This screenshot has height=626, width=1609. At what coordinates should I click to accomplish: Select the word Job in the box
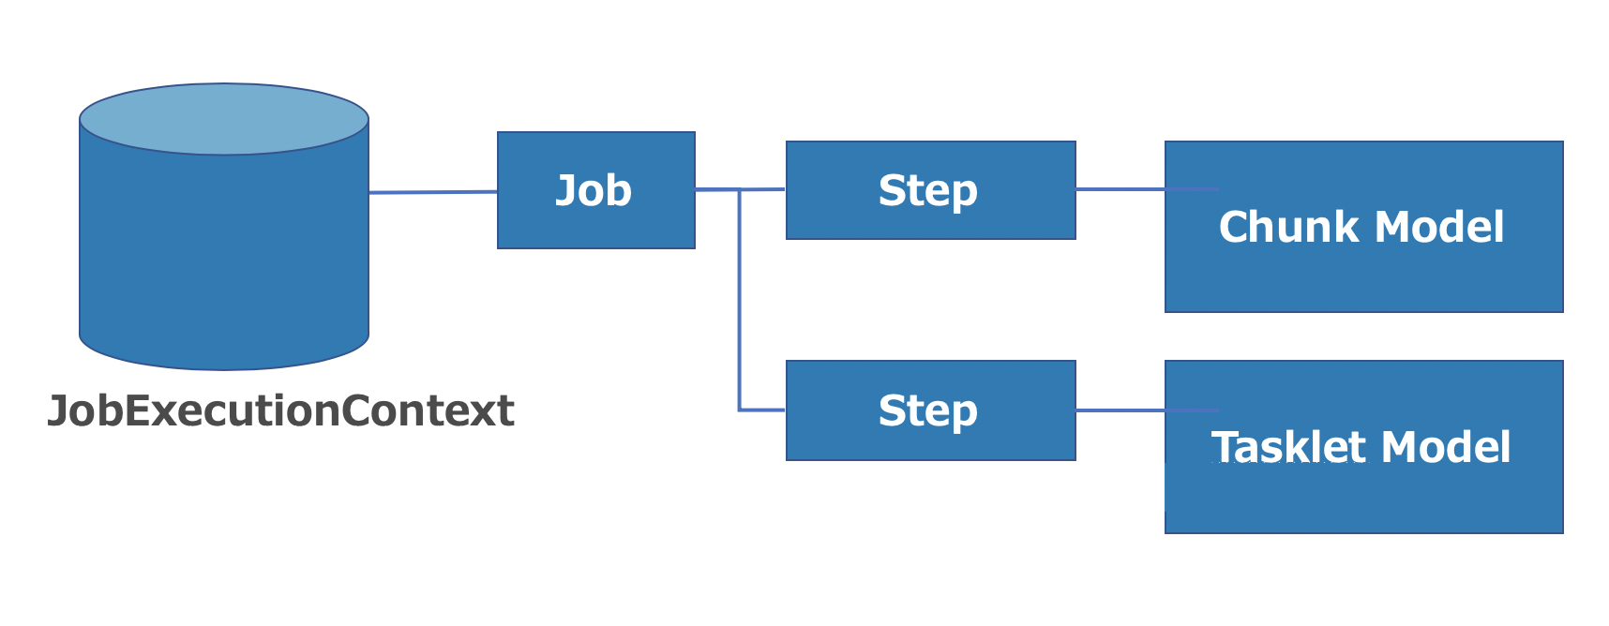594,190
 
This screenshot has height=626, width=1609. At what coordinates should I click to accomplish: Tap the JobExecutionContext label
280,410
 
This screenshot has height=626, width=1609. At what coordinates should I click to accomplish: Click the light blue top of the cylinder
224,119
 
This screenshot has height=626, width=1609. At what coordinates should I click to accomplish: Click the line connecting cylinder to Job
432,192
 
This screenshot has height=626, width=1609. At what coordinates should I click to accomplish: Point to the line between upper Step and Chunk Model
1120,189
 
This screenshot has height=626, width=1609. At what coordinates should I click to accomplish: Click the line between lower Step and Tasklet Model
1120,410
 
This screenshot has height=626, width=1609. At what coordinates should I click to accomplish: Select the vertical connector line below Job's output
740,300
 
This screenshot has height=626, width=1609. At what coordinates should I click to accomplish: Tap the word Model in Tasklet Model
1446,447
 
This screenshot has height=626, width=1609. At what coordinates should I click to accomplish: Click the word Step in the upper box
927,190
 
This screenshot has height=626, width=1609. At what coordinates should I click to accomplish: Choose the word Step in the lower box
927,410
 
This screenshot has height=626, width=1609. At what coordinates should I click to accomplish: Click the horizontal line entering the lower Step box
762,410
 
